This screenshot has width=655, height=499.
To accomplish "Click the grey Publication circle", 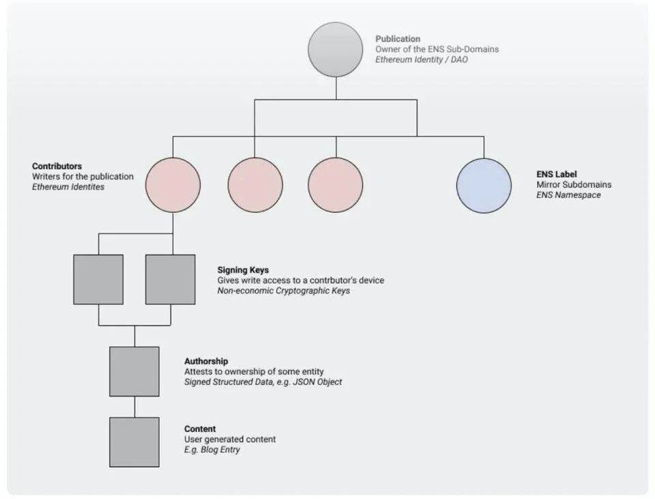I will (335, 49).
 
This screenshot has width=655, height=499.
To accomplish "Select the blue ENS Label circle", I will (484, 186).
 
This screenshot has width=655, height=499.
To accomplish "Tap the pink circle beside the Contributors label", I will (173, 186).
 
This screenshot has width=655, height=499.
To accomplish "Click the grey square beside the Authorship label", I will (134, 371).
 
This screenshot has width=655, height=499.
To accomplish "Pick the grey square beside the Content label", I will (134, 442).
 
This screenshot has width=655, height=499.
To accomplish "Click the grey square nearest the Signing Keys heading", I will (171, 279).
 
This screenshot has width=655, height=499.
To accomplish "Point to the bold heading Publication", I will (398, 39).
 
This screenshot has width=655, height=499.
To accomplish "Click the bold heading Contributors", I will (57, 167).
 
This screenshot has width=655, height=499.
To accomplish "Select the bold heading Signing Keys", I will (243, 270).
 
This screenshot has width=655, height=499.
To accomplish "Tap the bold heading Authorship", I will (206, 361).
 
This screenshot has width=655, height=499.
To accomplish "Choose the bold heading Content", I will (200, 429).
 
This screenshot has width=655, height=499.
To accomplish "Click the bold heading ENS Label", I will (557, 174).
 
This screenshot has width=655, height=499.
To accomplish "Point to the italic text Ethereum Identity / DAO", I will (422, 59).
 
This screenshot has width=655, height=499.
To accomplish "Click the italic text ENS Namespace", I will (568, 195).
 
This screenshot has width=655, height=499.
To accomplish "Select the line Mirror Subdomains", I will (574, 184).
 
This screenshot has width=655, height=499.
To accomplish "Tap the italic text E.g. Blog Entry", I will (212, 450).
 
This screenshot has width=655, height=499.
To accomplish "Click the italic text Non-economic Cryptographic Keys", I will (284, 291).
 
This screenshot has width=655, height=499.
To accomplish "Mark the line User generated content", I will (230, 440).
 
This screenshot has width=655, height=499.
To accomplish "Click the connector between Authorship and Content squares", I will (134, 407).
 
